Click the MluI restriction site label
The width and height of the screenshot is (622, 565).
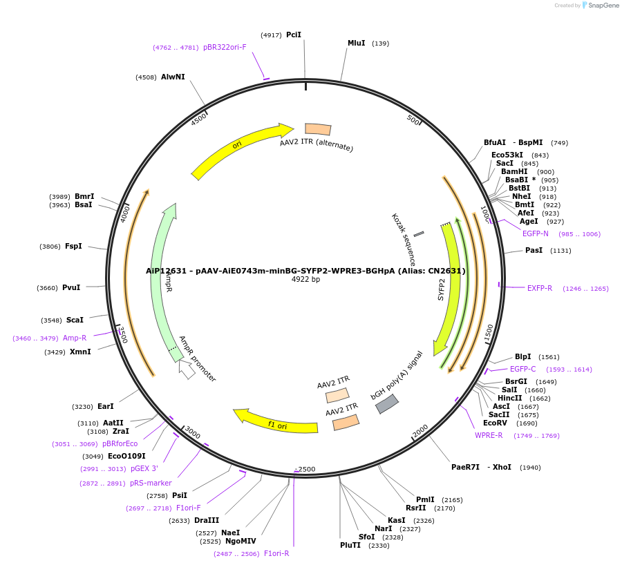point(356,43)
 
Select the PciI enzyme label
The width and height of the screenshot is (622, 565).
point(294,35)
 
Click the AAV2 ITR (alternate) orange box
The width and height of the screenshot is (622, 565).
point(318,129)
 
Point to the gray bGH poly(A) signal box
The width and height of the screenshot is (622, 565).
point(387,404)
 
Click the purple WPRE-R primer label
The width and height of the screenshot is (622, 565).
point(489,435)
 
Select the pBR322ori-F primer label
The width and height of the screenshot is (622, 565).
point(225,47)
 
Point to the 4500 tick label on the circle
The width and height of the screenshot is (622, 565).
point(199,119)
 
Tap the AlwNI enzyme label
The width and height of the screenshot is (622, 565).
point(173,77)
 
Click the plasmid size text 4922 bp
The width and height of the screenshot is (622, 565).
point(305,280)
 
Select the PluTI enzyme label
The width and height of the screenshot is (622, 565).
point(350,545)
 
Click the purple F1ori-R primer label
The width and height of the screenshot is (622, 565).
point(276,553)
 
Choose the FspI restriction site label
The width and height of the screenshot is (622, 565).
point(73,246)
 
